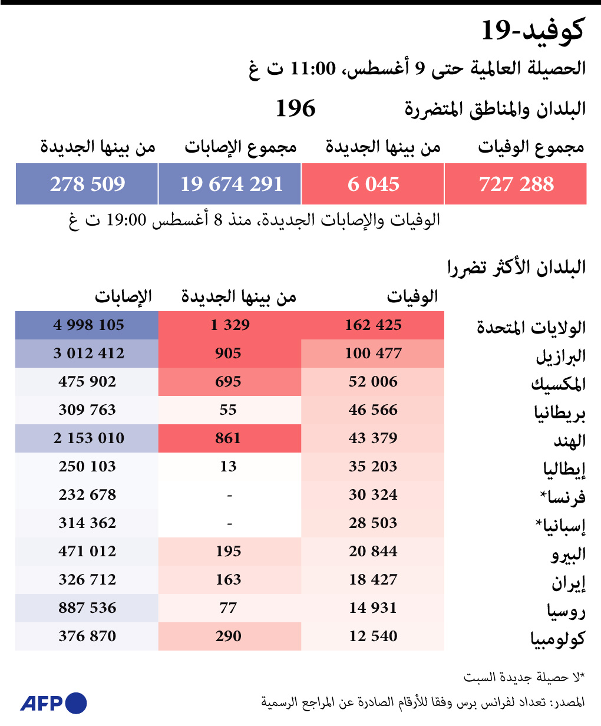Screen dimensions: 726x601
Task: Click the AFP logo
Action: pyautogui.click(x=54, y=703)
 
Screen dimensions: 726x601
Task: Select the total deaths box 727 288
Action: pyautogui.click(x=516, y=184)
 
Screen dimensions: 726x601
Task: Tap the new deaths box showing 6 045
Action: pyautogui.click(x=373, y=184)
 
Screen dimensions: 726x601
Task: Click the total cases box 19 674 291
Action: pyautogui.click(x=231, y=184)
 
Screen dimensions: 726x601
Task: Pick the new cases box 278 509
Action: pyautogui.click(x=87, y=184)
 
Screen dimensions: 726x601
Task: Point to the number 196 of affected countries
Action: pyautogui.click(x=296, y=108)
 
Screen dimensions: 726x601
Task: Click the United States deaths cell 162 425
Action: pyautogui.click(x=373, y=325)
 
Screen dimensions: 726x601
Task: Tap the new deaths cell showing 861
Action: pyautogui.click(x=228, y=438)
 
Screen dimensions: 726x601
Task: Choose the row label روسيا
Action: pyautogui.click(x=566, y=610)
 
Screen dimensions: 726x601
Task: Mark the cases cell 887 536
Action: pyautogui.click(x=87, y=608)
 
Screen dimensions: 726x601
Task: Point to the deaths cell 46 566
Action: pyautogui.click(x=373, y=410)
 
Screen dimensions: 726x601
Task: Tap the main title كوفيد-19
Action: pyautogui.click(x=533, y=31)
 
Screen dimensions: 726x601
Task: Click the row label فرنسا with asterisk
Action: pyautogui.click(x=563, y=497)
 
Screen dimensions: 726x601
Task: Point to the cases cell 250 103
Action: pyautogui.click(x=87, y=467)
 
